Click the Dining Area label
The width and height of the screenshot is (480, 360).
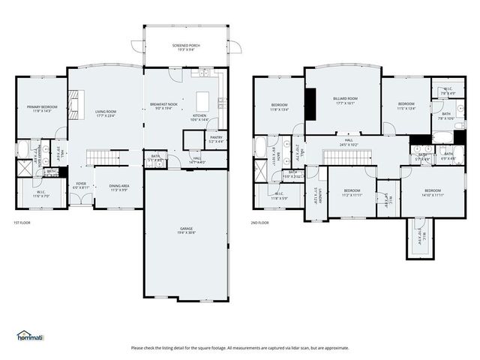pyautogui.click(x=119, y=187)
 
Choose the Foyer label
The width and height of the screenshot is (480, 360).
pyautogui.click(x=80, y=184)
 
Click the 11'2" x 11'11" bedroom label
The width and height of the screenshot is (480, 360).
pyautogui.click(x=352, y=193)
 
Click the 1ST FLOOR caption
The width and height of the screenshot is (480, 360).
pyautogui.click(x=22, y=223)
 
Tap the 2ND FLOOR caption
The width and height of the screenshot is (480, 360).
pyautogui.click(x=259, y=223)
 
